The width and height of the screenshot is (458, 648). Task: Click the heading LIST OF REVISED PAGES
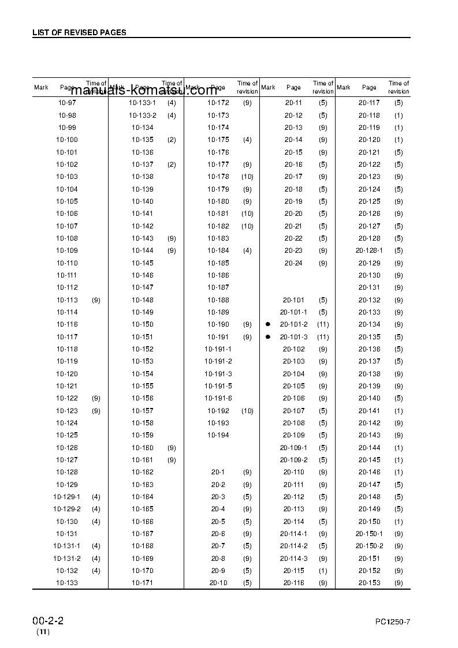click(79, 32)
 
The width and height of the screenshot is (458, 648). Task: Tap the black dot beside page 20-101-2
click(268, 324)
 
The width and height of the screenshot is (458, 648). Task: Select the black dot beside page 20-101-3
click(268, 337)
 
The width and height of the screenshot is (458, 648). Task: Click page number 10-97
click(67, 103)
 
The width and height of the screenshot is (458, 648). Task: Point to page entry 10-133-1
click(143, 103)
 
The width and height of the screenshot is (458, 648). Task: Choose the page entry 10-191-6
click(218, 399)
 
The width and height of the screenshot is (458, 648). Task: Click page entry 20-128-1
click(370, 250)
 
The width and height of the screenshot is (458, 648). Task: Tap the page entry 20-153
click(370, 583)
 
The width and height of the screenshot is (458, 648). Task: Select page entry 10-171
click(143, 583)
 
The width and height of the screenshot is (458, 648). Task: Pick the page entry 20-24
click(293, 263)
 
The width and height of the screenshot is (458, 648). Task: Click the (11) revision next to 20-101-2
click(323, 324)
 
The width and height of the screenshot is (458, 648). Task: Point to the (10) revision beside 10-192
click(247, 411)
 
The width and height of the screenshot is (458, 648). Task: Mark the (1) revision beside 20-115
click(323, 571)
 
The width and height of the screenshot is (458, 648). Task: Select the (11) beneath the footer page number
click(43, 632)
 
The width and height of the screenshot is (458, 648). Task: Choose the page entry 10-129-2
click(67, 509)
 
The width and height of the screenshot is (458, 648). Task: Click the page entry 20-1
click(218, 472)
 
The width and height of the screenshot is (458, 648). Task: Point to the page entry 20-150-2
click(370, 546)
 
